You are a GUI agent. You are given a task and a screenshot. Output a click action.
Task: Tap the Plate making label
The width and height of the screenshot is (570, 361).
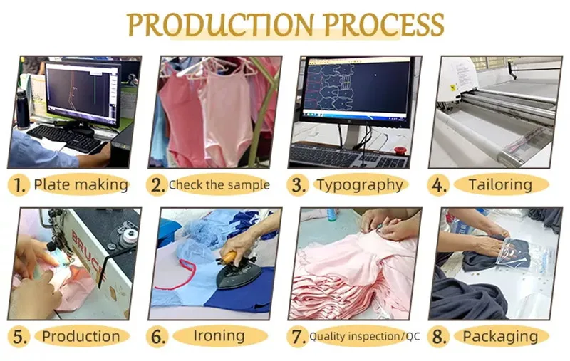click(81, 185)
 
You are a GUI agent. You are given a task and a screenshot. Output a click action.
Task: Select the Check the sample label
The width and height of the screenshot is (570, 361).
click(219, 185)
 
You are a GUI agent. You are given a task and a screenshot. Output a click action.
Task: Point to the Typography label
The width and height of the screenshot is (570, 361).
click(360, 185)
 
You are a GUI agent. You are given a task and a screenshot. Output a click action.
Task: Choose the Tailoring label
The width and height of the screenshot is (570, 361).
click(500, 185)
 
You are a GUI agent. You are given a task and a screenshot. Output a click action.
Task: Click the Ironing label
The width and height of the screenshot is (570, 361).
click(219, 335)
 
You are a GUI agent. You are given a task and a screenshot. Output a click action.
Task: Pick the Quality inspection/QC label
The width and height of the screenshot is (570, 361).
click(364, 337)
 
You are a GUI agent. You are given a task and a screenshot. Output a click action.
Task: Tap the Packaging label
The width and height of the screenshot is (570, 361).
click(501, 336)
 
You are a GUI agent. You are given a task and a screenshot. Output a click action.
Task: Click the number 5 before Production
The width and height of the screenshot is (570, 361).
click(20, 336)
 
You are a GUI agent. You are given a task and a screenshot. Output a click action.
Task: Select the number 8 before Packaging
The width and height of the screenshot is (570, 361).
click(440, 336)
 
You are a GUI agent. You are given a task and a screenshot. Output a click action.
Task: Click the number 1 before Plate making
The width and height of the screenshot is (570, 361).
click(20, 186)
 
